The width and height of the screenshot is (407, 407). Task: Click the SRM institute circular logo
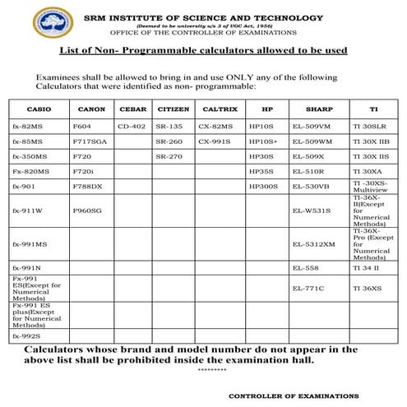pyautogui.click(x=51, y=22)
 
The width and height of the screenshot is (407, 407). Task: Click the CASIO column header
pyautogui.click(x=38, y=109)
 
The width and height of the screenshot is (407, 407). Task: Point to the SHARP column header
pyautogui.click(x=318, y=109)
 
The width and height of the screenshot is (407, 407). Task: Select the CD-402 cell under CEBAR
pyautogui.click(x=132, y=127)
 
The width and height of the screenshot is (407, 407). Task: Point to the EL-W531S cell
pyautogui.click(x=312, y=210)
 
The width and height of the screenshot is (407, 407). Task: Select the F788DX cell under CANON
pyautogui.click(x=87, y=186)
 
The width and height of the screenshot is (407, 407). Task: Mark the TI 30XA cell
pyautogui.click(x=366, y=170)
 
